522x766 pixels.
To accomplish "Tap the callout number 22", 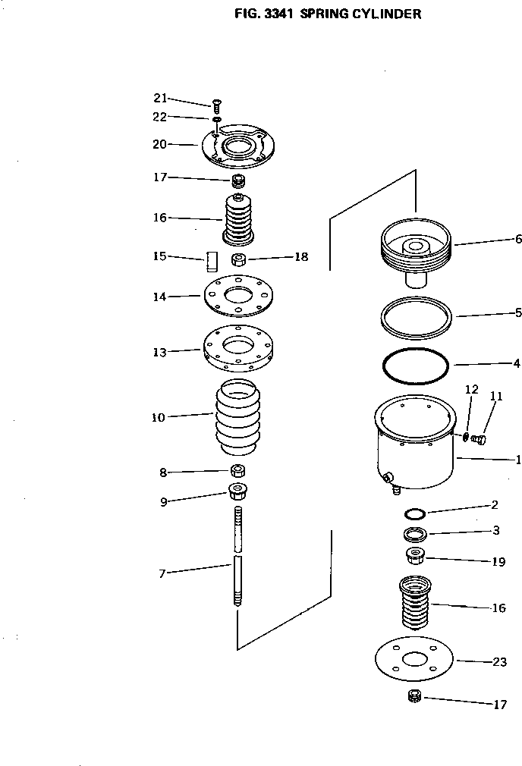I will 159,116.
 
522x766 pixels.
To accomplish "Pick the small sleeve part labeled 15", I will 211,261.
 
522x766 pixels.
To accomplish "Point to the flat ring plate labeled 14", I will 237,296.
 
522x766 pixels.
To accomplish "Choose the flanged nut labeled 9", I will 238,492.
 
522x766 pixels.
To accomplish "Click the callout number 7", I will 162,573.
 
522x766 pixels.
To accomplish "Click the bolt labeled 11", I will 480,438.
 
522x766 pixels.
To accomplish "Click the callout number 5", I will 517,312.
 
